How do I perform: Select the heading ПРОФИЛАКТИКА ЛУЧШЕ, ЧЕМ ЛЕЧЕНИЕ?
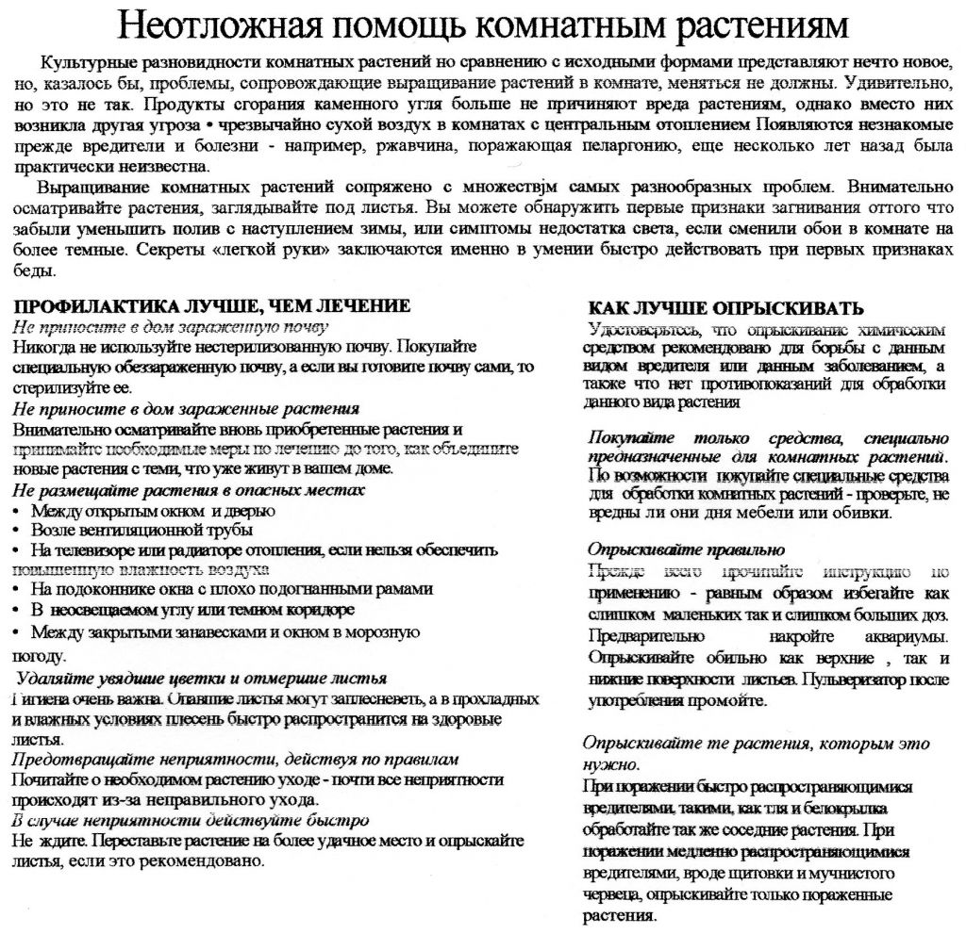coord(212,306)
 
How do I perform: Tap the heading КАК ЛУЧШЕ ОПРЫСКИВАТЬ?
coord(725,308)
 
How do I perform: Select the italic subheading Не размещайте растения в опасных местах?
coord(189,491)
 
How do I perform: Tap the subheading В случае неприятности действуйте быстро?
coord(190,820)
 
